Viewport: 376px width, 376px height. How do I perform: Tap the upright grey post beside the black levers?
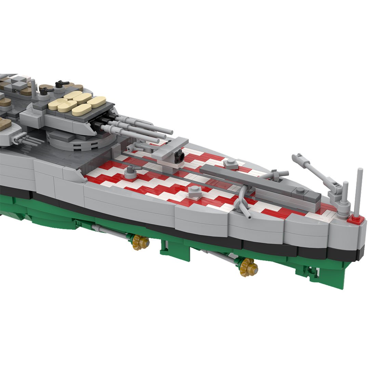click(33, 88)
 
